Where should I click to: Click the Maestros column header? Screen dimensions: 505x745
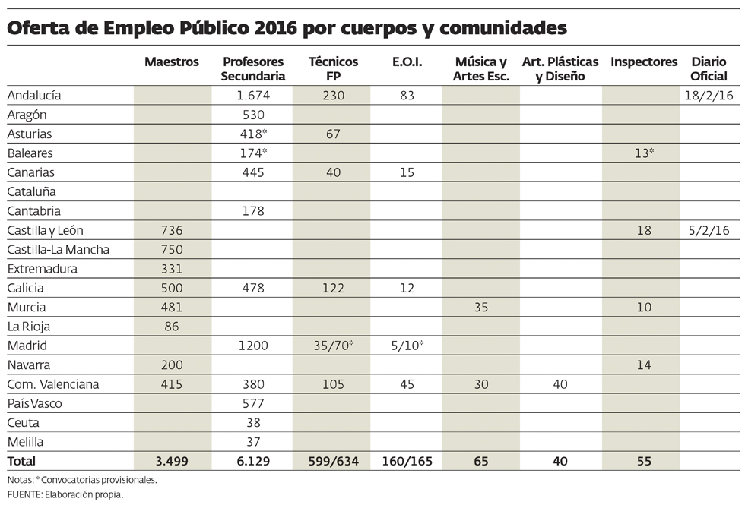pos(172,62)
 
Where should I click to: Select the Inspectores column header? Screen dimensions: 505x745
pos(643,62)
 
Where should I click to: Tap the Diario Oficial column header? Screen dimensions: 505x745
pos(709,69)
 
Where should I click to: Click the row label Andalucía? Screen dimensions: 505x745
pos(33,96)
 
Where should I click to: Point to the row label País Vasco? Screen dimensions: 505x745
pos(34,403)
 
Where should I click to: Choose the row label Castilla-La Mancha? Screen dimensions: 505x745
pos(59,249)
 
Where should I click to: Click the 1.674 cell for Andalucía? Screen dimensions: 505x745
pos(253,96)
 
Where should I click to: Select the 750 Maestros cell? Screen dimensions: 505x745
pos(172,249)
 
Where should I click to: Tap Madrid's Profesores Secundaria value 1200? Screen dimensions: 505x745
pos(253,346)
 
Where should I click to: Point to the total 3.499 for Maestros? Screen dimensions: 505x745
pos(172,461)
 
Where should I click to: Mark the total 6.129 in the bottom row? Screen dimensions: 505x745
pos(253,461)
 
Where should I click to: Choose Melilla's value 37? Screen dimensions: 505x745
pos(253,441)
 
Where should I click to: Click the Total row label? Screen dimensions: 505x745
pos(21,461)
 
